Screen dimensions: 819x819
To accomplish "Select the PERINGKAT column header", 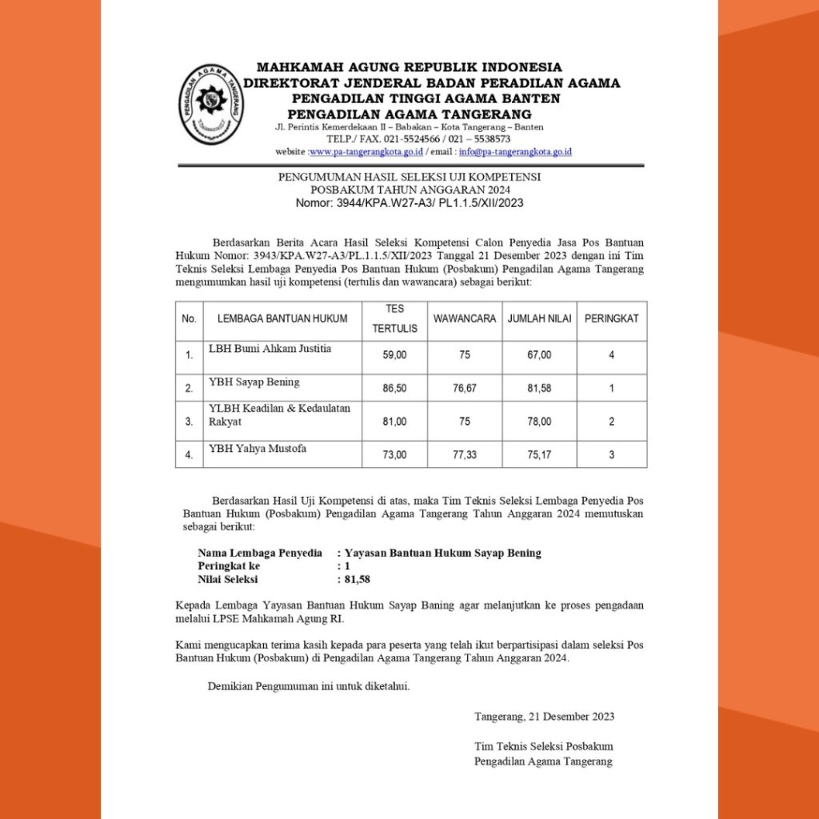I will [x=611, y=318].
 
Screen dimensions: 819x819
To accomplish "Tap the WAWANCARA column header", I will [x=465, y=318].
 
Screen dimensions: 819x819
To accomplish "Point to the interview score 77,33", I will [x=465, y=454].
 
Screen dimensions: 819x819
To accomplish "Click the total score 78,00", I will [x=539, y=421].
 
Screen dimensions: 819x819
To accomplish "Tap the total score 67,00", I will [x=539, y=354].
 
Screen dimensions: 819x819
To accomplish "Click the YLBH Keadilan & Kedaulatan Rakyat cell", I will [x=279, y=414].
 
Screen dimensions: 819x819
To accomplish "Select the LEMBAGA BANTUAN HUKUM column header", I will [x=282, y=318].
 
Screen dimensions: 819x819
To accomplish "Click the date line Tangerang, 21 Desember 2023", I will [x=544, y=716].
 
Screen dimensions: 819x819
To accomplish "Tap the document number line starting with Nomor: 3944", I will [x=409, y=203].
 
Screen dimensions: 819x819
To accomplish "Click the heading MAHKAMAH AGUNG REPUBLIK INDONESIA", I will [x=409, y=67].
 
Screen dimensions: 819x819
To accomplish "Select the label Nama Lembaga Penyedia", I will [x=260, y=553].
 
